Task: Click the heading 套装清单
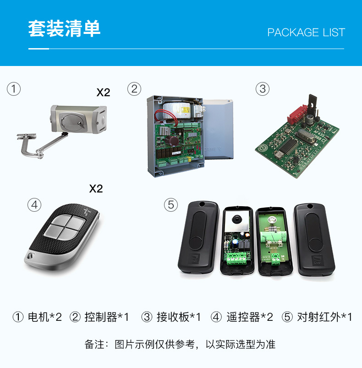[x=64, y=28]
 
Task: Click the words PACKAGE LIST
[x=306, y=33]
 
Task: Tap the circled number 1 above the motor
[x=14, y=89]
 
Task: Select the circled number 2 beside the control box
[x=134, y=89]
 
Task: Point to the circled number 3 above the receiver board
[x=263, y=89]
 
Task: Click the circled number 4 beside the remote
[x=34, y=205]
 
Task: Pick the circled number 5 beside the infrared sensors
[x=171, y=205]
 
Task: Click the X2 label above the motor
[x=103, y=93]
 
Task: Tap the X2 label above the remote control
[x=96, y=189]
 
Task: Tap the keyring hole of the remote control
[x=30, y=256]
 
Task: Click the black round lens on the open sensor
[x=237, y=220]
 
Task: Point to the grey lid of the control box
[x=218, y=129]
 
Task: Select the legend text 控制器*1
[x=106, y=317]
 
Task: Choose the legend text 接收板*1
[x=179, y=317]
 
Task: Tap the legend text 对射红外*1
[x=324, y=317]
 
